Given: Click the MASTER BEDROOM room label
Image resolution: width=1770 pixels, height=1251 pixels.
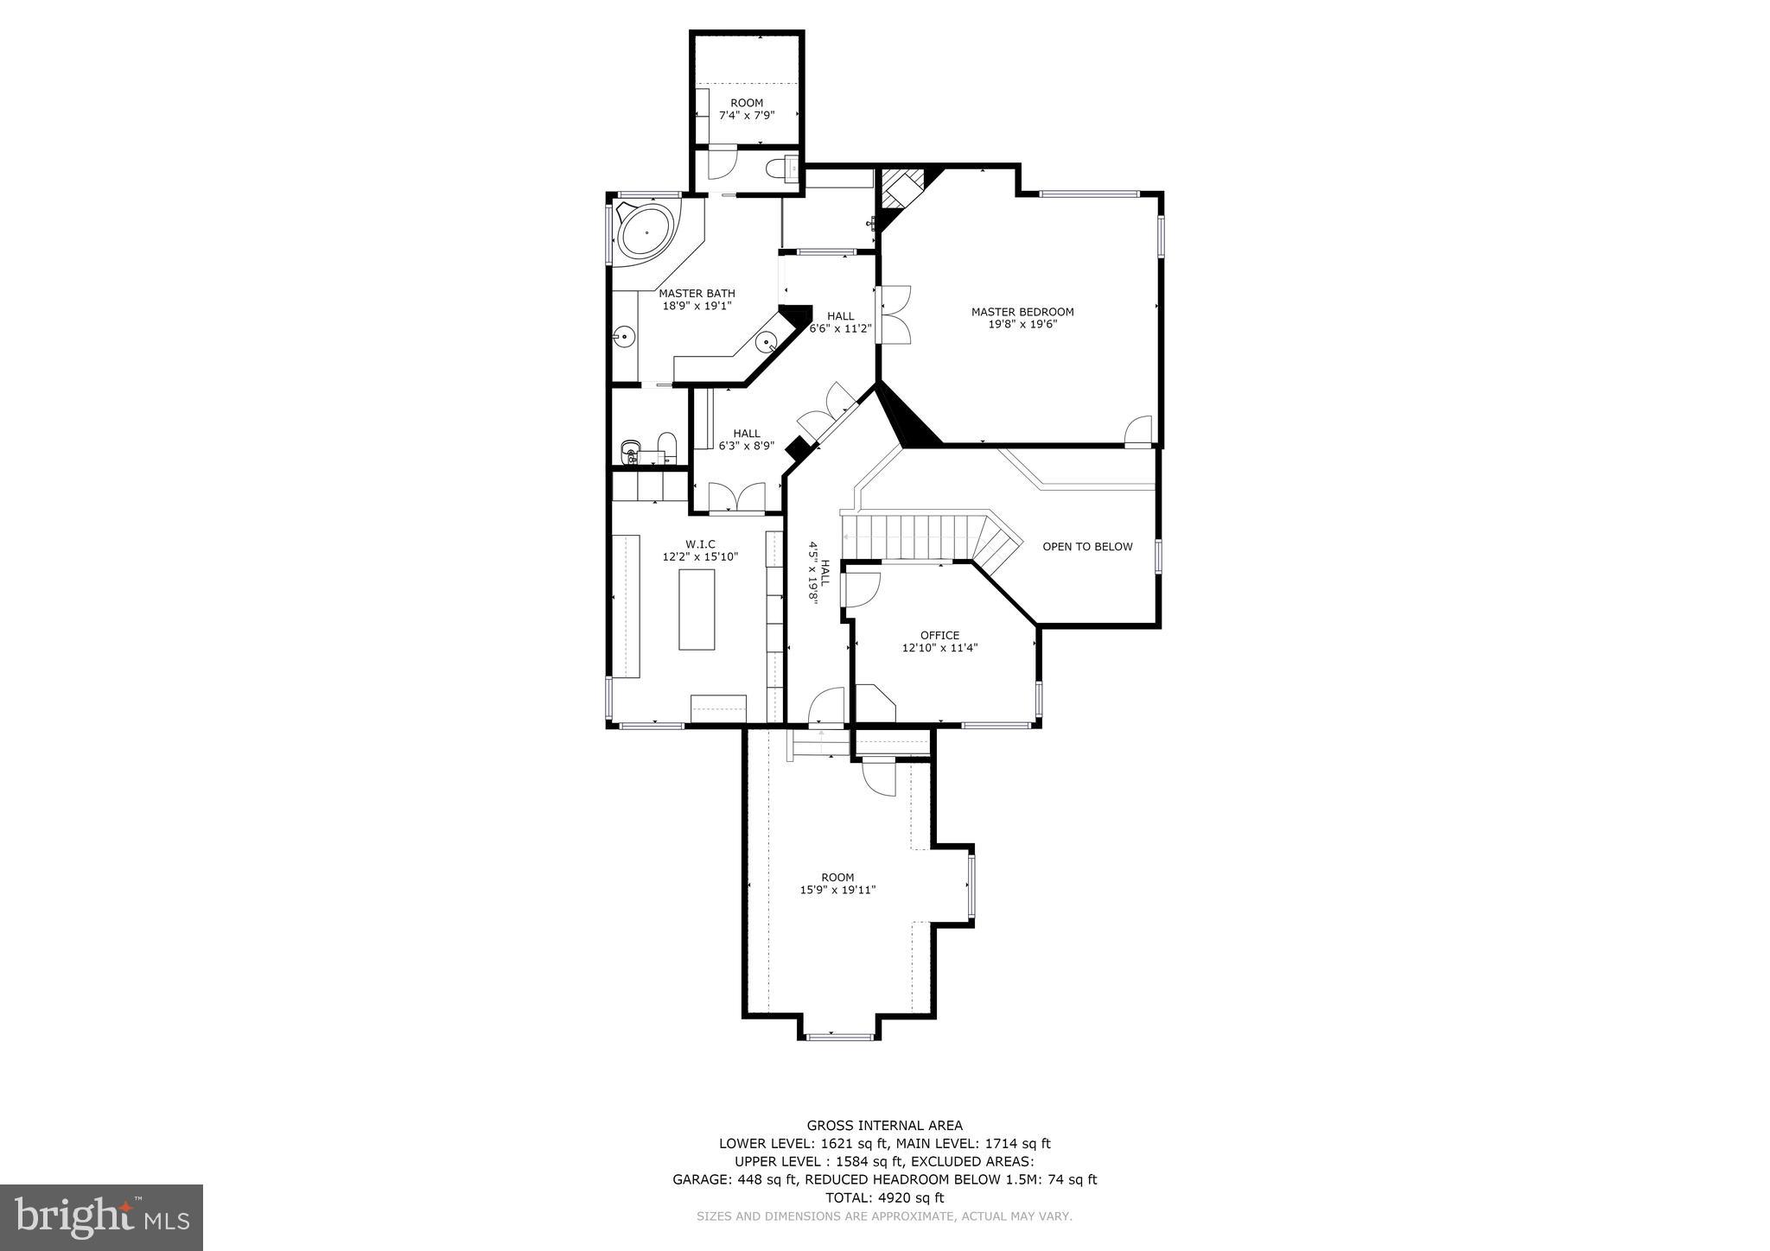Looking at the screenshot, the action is [x=1022, y=312].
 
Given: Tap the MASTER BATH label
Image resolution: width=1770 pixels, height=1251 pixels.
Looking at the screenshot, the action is [x=697, y=294].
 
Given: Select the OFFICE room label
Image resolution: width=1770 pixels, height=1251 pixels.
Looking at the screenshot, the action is [x=939, y=636].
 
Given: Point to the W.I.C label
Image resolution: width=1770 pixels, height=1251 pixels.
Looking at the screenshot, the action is [x=700, y=544].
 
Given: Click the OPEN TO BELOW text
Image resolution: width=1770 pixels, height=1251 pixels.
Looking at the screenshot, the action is [x=1087, y=547].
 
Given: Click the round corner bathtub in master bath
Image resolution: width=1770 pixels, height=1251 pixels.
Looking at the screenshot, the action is [x=647, y=232].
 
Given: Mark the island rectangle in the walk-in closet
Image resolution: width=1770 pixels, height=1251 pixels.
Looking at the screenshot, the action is [x=697, y=610].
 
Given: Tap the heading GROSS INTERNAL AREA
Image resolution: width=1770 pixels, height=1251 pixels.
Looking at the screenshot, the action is [x=884, y=1125].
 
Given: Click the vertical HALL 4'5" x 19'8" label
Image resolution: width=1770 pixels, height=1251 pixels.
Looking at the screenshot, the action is [x=818, y=573].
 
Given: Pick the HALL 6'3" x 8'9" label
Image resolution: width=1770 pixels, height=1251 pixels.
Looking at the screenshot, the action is [x=747, y=440].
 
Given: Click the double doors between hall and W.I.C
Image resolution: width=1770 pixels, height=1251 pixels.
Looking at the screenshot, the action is [x=737, y=498].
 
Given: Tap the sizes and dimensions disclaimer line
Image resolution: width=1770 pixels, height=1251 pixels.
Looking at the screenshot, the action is [x=884, y=1216].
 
